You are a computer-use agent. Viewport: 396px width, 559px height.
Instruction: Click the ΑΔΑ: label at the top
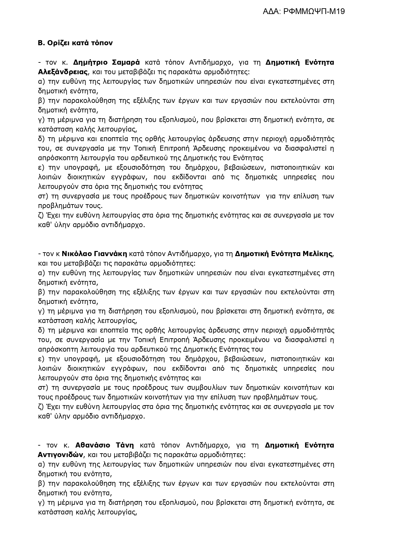[x=272, y=12]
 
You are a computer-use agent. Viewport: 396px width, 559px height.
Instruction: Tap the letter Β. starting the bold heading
[x=41, y=43]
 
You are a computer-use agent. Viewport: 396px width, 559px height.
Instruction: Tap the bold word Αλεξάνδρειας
[x=63, y=72]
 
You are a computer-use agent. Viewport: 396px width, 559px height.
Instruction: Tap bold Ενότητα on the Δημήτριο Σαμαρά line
[x=319, y=62]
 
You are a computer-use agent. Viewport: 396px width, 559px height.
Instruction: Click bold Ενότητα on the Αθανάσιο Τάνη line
[x=319, y=445]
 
